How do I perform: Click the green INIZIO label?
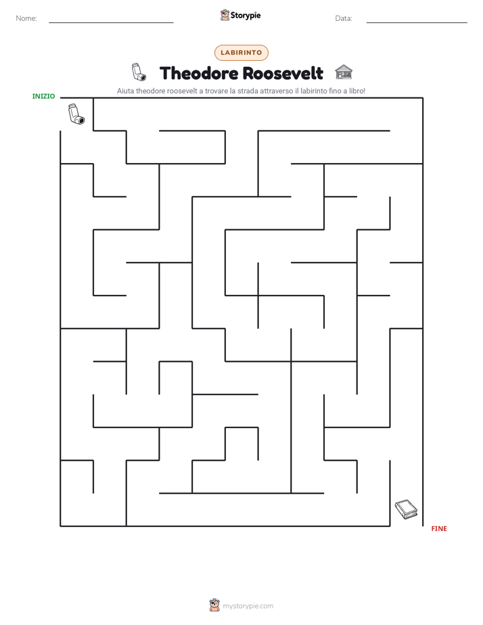[x=43, y=96]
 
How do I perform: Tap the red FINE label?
[x=439, y=528]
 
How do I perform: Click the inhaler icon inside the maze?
[x=76, y=114]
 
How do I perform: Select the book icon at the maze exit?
[x=406, y=509]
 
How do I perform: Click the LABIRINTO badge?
[x=241, y=53]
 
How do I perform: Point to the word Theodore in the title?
[x=199, y=73]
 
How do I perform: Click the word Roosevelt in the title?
[x=283, y=73]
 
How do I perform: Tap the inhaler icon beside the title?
[x=139, y=72]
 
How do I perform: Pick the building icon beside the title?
[x=344, y=72]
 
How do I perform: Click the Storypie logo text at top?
[x=246, y=16]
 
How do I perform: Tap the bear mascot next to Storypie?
[x=225, y=15]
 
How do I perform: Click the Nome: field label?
[x=26, y=18]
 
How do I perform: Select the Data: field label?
[x=344, y=18]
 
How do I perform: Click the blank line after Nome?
[x=111, y=23]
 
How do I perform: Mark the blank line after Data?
[x=417, y=23]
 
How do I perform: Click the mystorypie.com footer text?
[x=248, y=606]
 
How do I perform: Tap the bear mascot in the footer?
[x=214, y=605]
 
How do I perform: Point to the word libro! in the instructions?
[x=357, y=91]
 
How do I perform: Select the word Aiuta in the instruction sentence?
[x=126, y=91]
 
